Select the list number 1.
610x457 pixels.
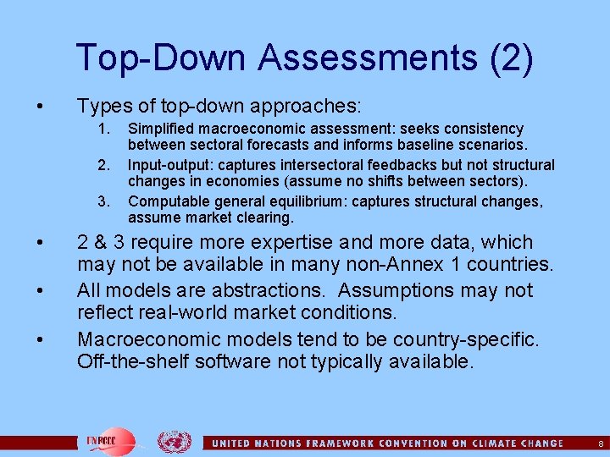(104, 129)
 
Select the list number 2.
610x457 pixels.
(104, 165)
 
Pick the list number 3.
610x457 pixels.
(104, 201)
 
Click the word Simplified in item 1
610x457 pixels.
(162, 129)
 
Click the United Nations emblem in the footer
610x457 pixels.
(175, 442)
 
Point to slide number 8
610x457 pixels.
(601, 443)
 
